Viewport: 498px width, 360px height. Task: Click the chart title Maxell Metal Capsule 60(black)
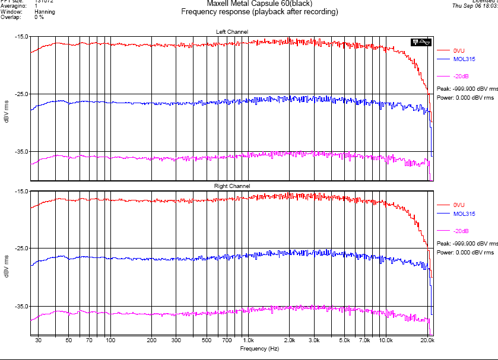click(x=259, y=4)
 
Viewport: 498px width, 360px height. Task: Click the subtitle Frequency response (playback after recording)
click(x=259, y=12)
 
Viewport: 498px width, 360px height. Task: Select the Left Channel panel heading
click(x=232, y=31)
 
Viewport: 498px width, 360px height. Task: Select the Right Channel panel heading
click(x=232, y=186)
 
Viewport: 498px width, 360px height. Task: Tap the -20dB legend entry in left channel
click(x=461, y=76)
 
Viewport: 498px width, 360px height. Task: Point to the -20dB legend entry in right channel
click(x=461, y=231)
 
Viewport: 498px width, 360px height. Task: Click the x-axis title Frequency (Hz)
click(x=259, y=349)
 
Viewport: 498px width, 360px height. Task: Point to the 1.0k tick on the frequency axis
click(x=248, y=341)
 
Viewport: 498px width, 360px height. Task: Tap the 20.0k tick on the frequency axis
click(x=427, y=341)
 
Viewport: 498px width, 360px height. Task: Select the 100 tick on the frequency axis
click(x=110, y=341)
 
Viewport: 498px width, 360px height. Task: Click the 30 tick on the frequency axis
click(x=38, y=341)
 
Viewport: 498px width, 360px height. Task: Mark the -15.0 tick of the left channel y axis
click(x=21, y=37)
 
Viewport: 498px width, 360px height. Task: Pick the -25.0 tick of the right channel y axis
click(x=21, y=249)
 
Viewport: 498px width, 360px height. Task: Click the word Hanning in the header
click(x=45, y=11)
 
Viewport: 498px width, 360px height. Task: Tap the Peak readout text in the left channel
click(x=465, y=88)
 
